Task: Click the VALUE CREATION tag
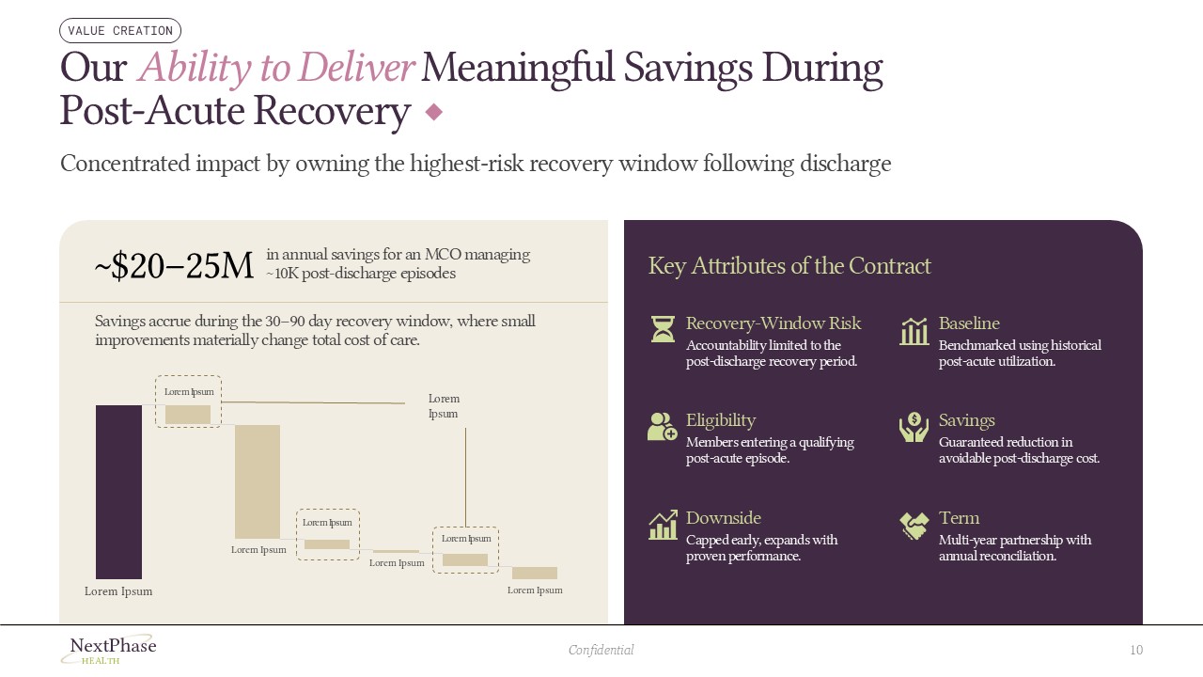tap(120, 31)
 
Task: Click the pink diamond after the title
tap(434, 113)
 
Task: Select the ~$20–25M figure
tap(175, 267)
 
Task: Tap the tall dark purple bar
tap(118, 492)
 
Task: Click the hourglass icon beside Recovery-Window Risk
tap(664, 329)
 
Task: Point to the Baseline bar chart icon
tap(914, 331)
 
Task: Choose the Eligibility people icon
tap(663, 427)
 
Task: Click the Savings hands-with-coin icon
tap(914, 427)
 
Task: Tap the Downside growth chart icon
tap(663, 525)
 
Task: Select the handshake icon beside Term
tap(914, 525)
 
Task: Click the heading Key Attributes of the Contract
tap(789, 266)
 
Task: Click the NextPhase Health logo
tap(112, 649)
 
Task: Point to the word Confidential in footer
tap(601, 650)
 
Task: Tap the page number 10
tap(1136, 650)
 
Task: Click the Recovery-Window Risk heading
tap(773, 323)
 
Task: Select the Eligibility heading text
tap(721, 420)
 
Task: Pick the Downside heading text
tap(724, 518)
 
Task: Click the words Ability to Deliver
tap(276, 68)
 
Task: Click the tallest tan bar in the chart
tap(258, 481)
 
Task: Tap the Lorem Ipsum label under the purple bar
tap(118, 591)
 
